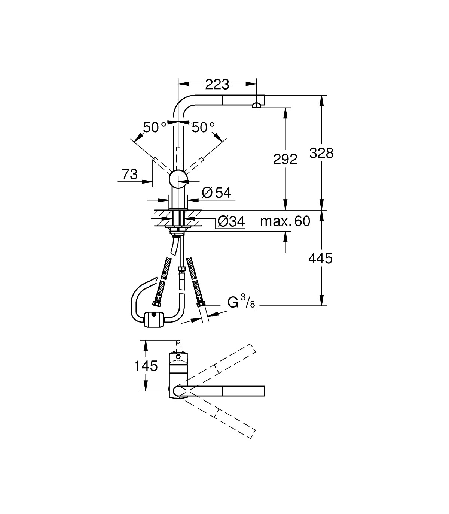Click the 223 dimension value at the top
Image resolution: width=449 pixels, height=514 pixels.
tap(217, 84)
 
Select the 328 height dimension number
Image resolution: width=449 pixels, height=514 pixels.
tap(321, 153)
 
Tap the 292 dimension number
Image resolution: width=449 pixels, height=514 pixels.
tap(285, 159)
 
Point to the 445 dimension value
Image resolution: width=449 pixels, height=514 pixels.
tap(320, 258)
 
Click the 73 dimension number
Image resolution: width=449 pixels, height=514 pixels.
tap(130, 174)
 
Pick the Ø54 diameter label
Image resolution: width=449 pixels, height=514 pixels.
tap(217, 193)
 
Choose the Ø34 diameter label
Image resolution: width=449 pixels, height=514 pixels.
tap(231, 221)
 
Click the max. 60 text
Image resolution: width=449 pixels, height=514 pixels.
tap(285, 221)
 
